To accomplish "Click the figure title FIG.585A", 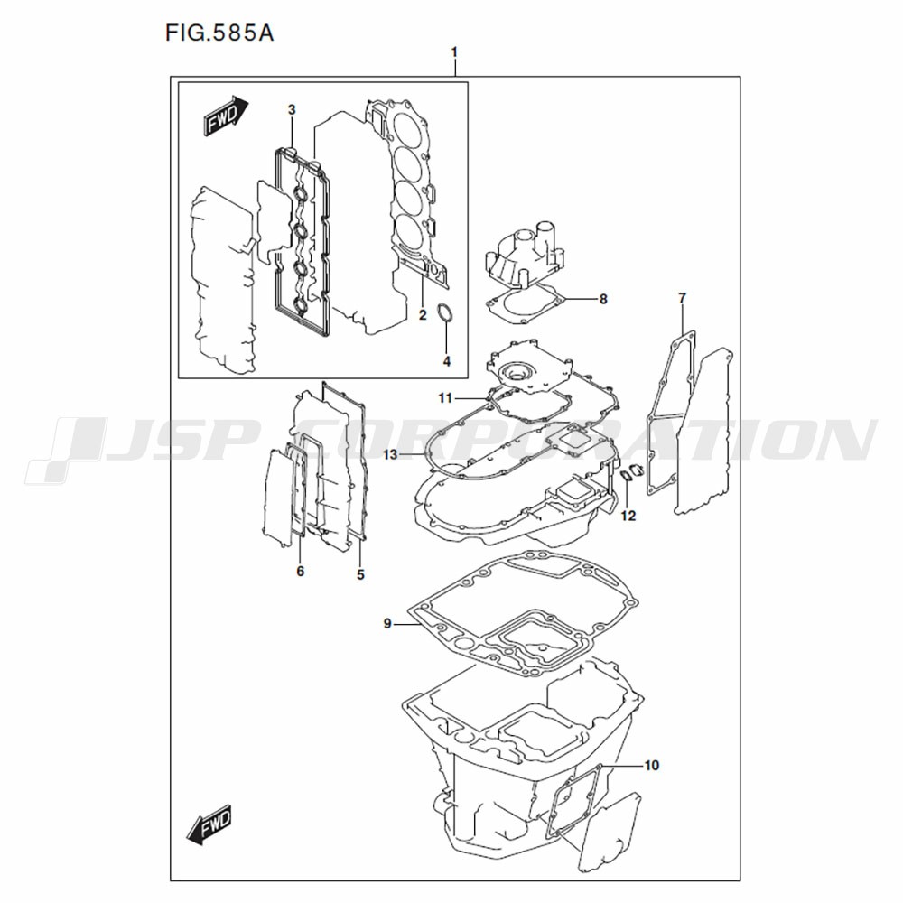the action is coord(219,33).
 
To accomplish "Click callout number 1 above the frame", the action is coord(454,52).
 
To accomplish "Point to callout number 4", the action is coord(446,361).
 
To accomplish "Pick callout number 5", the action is coord(360,574).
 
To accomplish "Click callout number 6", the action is coord(300,572).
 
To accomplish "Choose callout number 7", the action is coord(683,298).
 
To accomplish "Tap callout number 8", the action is coord(603,299).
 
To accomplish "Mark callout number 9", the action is coord(387,624).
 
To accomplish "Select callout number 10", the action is coord(651,766).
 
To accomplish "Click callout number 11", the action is coord(445,398).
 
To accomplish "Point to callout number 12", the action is coord(628,516).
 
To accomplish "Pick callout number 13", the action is coord(390,455).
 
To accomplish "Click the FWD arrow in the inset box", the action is coord(226,116).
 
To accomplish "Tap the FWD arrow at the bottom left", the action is coord(209,823).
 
